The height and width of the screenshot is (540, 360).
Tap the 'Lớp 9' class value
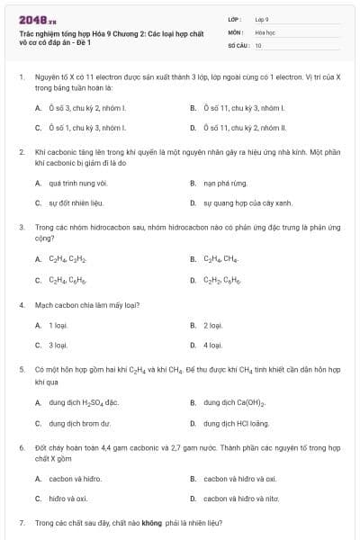pos(262,19)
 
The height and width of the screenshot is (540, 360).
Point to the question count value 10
pos(258,44)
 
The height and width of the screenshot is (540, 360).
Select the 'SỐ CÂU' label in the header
pos(238,44)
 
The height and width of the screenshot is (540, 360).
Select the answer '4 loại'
pos(213,344)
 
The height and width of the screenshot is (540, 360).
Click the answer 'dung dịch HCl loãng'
pos(238,421)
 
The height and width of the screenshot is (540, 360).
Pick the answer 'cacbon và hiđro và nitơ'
pos(246,498)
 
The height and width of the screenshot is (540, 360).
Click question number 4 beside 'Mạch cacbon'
pos(21,304)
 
